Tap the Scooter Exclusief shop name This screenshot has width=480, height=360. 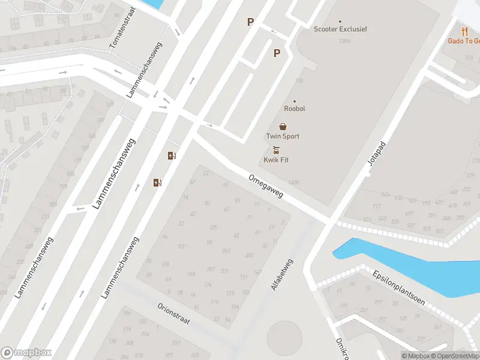click(340, 29)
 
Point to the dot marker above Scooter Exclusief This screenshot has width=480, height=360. click(340, 21)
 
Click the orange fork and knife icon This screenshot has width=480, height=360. click(464, 31)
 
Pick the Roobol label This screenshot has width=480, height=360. click(295, 109)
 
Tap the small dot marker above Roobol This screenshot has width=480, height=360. click(295, 101)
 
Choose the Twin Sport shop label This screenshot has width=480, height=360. click(283, 136)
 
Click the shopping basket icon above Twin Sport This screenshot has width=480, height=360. click(283, 127)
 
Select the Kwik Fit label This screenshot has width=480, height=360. click(276, 160)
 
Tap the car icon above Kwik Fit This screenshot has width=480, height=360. click(276, 150)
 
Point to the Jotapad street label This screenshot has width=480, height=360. click(376, 158)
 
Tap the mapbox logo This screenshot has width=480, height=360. click(26, 353)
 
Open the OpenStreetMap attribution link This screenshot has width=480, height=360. click(455, 356)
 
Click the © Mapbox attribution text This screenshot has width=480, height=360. click(416, 356)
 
